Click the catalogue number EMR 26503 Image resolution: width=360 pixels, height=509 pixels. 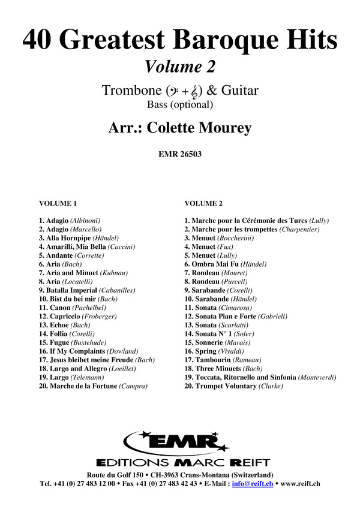(179, 153)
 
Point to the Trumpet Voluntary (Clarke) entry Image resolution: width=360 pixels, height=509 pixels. (233, 386)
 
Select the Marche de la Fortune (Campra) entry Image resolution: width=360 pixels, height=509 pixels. (92, 386)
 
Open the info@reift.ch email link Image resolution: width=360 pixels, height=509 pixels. (257, 483)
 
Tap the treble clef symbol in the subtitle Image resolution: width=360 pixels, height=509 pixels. (196, 91)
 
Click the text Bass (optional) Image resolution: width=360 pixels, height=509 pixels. (179, 105)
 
